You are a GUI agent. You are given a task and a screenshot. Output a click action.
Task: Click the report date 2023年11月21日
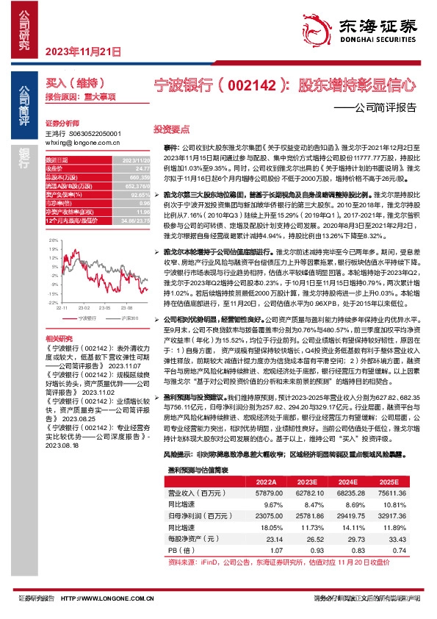pyautogui.click(x=82, y=51)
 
